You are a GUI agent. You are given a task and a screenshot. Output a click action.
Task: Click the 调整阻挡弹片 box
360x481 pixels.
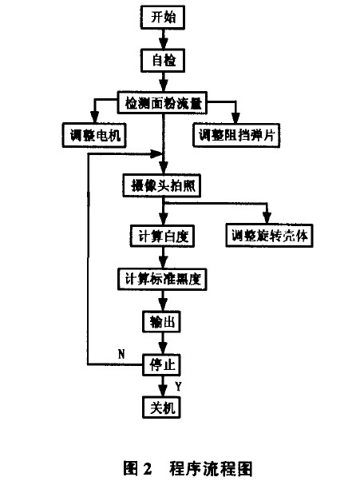pyautogui.click(x=235, y=134)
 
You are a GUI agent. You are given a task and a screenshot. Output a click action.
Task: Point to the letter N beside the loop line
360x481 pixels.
pyautogui.click(x=121, y=352)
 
